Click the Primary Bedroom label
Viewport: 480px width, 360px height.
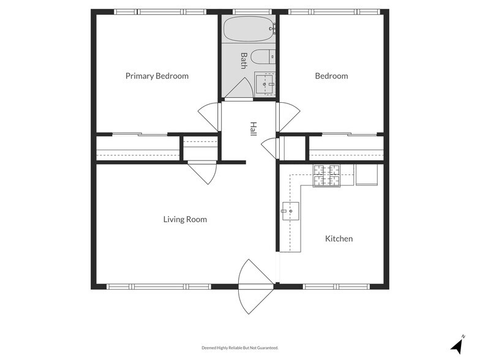pos(157,76)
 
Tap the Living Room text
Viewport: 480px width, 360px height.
pos(185,219)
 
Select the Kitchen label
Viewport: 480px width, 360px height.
pos(339,239)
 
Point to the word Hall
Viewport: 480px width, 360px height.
pos(253,129)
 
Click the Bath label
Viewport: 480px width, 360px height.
pos(244,60)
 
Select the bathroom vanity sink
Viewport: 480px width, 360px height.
pos(264,84)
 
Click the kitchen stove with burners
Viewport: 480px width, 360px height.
pos(326,176)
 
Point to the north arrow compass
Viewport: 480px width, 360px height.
pos(457,344)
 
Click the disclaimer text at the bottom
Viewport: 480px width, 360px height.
pos(240,348)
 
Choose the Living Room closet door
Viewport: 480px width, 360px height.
pos(203,171)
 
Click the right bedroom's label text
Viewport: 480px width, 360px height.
pos(331,76)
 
